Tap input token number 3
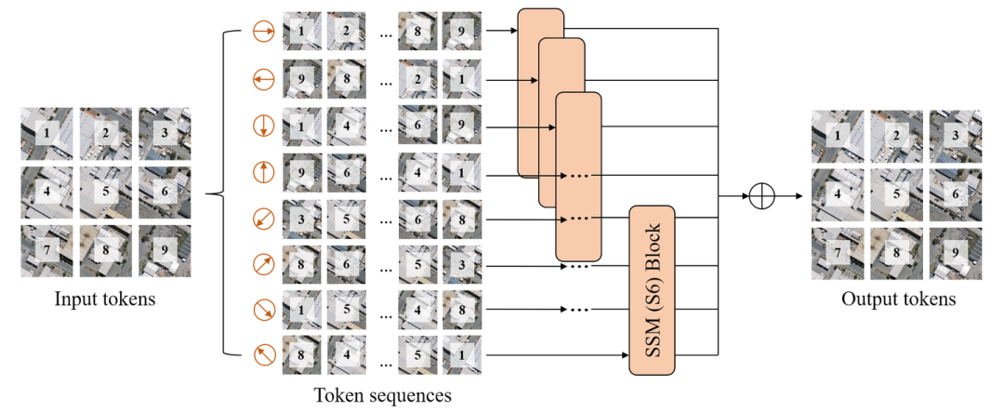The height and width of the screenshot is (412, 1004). (165, 135)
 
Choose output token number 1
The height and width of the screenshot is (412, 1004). (838, 138)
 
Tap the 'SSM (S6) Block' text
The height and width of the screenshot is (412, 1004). (652, 290)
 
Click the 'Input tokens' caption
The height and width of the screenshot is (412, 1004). (105, 299)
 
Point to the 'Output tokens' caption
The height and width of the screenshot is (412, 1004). (898, 299)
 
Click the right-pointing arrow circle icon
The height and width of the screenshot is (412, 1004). (263, 33)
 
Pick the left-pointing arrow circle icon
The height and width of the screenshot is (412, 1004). (263, 82)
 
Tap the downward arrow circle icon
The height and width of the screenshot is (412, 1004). (263, 126)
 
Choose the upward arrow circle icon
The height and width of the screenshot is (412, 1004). (263, 172)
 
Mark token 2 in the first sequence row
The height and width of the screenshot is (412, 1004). (346, 32)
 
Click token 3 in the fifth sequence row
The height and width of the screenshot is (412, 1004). (301, 219)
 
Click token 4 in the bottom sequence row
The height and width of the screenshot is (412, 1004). (346, 354)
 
